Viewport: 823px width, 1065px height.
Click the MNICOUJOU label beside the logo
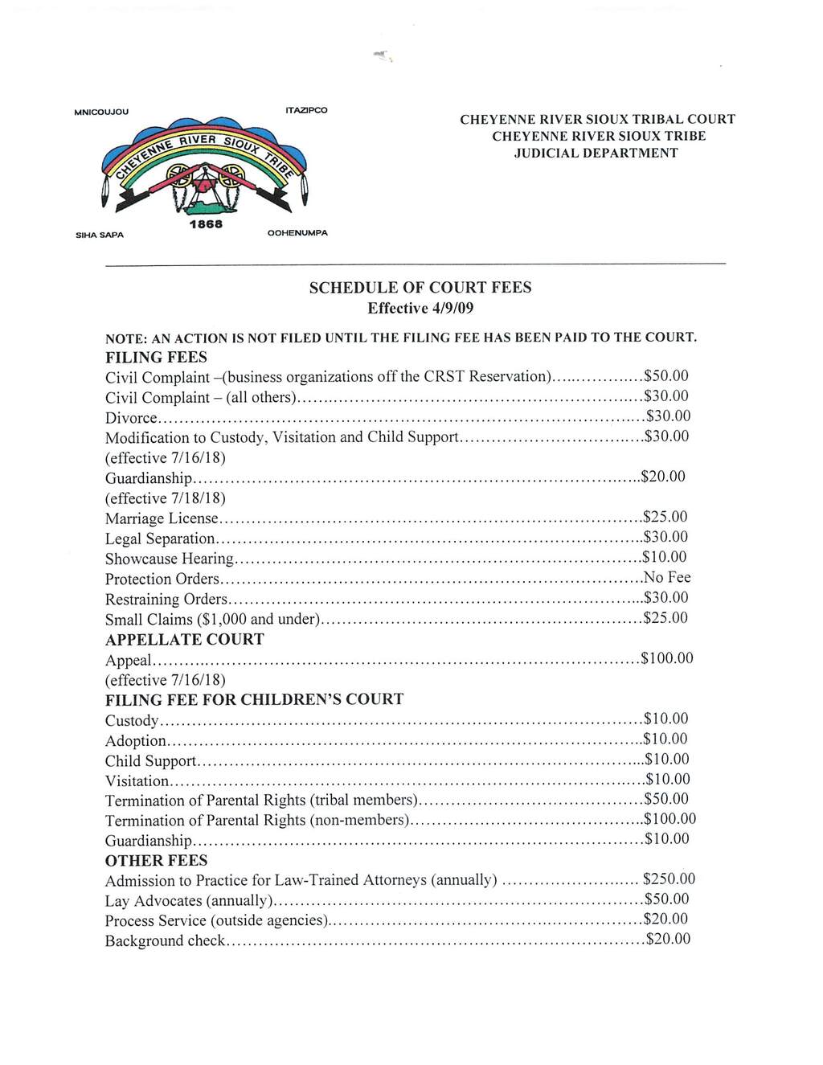click(100, 112)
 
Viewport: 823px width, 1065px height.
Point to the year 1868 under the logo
click(206, 225)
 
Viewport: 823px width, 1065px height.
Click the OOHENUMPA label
click(298, 232)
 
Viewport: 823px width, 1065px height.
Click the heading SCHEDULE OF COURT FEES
click(420, 288)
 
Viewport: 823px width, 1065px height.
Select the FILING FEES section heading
click(156, 357)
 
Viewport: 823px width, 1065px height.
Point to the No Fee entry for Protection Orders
click(667, 577)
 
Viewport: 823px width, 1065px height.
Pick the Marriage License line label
click(162, 518)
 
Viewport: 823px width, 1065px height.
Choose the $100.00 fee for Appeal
click(667, 658)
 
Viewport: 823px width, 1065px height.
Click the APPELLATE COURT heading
click(184, 639)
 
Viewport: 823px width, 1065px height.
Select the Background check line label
click(165, 940)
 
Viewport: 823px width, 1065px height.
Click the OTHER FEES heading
click(156, 860)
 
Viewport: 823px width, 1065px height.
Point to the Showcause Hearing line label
click(170, 559)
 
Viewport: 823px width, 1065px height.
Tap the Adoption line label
click(136, 740)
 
